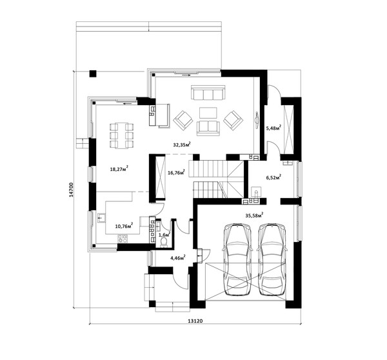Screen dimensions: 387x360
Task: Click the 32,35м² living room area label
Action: [182, 145]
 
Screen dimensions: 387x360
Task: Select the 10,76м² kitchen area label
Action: [124, 226]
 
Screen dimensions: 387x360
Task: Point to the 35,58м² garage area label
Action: [254, 215]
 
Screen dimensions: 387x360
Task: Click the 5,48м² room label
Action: [273, 128]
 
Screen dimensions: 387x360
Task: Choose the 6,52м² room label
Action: [273, 177]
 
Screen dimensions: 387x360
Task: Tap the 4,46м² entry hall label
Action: [178, 258]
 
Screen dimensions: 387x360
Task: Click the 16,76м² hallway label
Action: [176, 172]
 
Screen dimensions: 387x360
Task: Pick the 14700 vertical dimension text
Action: [71, 190]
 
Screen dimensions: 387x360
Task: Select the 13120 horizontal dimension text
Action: [195, 321]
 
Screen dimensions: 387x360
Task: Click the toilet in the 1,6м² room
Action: [164, 243]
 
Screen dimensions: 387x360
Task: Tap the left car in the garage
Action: [237, 259]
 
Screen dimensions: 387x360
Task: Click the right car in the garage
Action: [272, 259]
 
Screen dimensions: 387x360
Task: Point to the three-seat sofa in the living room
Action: [208, 93]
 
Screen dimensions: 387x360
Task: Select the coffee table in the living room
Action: [208, 113]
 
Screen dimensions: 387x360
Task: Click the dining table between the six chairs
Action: [122, 135]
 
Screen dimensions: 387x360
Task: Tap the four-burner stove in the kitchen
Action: [122, 239]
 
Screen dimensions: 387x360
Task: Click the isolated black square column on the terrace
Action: [93, 74]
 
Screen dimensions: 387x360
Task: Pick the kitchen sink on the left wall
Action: [101, 218]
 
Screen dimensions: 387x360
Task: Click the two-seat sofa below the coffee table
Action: [208, 128]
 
